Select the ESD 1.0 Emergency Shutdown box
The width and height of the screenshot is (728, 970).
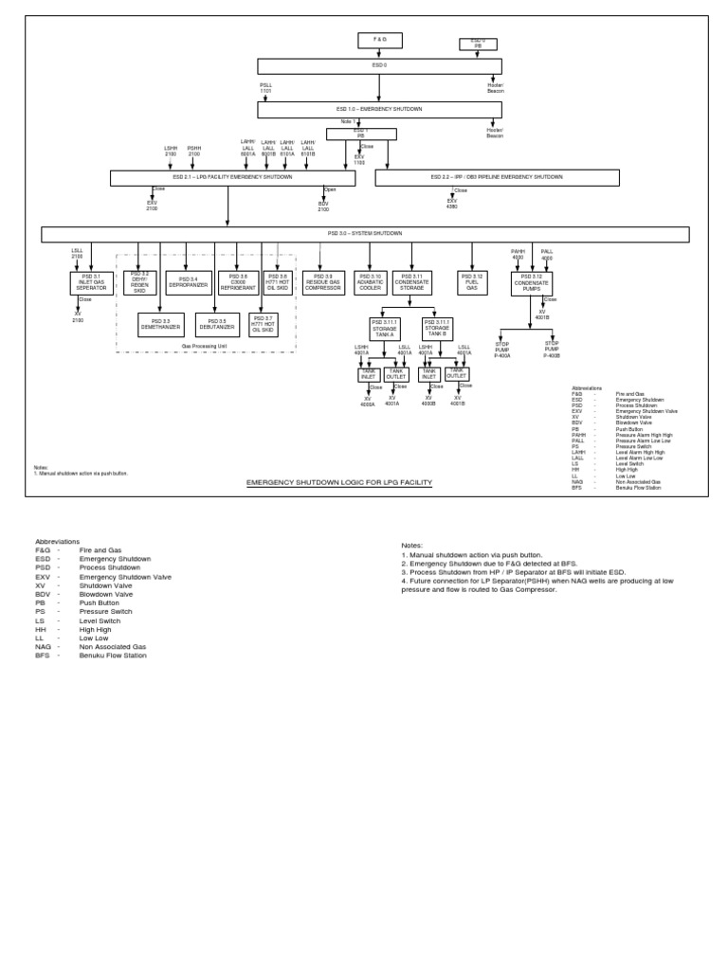[379, 109]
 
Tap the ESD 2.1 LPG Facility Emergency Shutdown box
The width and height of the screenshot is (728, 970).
[232, 177]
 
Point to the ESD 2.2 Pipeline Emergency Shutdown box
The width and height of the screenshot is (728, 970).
[497, 177]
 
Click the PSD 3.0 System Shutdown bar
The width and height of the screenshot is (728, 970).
[365, 234]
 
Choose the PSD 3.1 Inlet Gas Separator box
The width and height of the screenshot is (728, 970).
[91, 282]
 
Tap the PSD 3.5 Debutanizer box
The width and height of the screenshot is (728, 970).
[217, 324]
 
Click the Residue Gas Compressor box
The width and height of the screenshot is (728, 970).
[324, 282]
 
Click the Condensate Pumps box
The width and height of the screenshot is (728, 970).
[532, 282]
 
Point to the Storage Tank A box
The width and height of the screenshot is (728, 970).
[385, 328]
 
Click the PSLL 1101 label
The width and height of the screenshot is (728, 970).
[266, 87]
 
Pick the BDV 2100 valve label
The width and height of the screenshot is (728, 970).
[323, 206]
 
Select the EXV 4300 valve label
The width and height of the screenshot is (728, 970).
[452, 204]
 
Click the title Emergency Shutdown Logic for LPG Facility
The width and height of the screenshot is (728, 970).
[338, 482]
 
